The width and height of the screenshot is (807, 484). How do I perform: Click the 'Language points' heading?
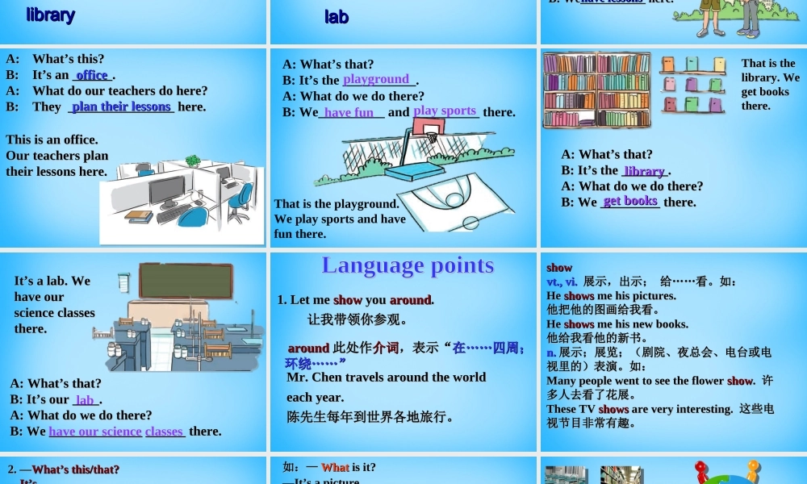click(408, 265)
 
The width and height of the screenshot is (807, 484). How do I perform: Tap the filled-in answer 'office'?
click(92, 75)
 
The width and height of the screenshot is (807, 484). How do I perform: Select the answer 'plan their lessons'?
click(122, 106)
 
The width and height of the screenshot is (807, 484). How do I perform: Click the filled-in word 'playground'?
click(376, 79)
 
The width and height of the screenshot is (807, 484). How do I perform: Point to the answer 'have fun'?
click(349, 113)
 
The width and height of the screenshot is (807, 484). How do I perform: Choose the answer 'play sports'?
click(445, 111)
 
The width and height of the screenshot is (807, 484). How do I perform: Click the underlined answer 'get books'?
click(630, 202)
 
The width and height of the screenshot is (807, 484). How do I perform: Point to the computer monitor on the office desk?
click(166, 192)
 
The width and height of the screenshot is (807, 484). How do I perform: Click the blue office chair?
click(191, 216)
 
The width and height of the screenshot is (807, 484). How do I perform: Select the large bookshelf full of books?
click(596, 90)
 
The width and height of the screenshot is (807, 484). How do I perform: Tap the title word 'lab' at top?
click(337, 16)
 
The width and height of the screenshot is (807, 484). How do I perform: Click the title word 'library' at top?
click(50, 15)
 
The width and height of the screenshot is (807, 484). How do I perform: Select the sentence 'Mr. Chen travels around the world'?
click(386, 378)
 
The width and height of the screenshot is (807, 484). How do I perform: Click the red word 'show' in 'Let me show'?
click(348, 300)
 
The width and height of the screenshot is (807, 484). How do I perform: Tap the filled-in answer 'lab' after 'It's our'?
click(85, 400)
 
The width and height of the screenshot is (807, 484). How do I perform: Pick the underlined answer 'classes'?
click(164, 432)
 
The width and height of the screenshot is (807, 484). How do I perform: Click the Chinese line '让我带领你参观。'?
click(357, 319)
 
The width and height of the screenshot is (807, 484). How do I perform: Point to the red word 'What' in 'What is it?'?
click(335, 467)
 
